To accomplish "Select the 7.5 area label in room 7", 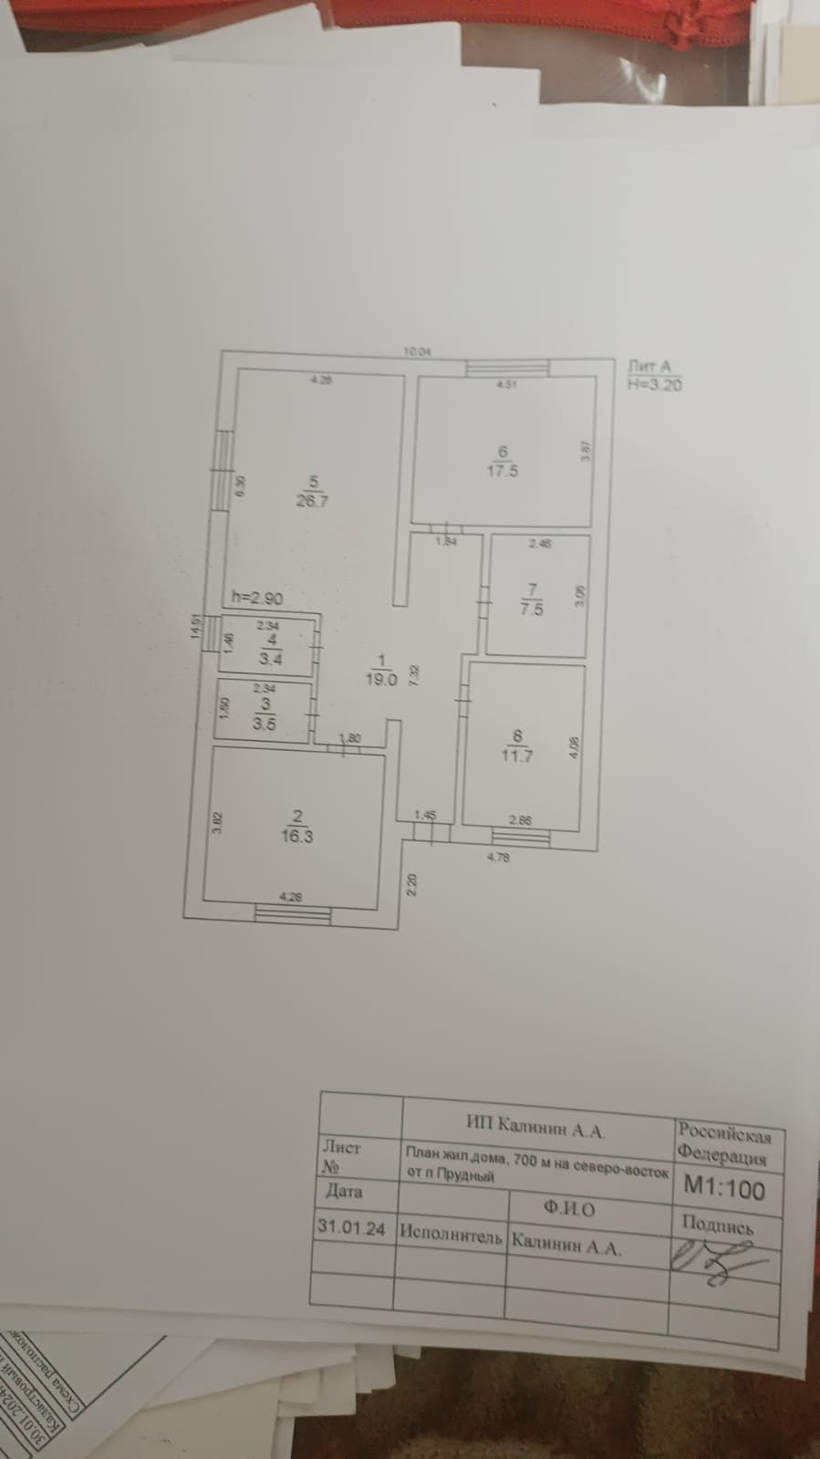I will tap(532, 610).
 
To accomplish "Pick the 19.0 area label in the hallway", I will tap(383, 679).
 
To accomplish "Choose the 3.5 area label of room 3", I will tap(264, 724).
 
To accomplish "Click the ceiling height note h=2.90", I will tap(257, 599).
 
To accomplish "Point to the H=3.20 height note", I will tap(655, 384).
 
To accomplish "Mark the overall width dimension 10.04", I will tap(417, 350).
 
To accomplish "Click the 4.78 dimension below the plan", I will tap(498, 858).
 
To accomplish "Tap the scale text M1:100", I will tap(725, 1189).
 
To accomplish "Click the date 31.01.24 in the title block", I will tap(351, 1227).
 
